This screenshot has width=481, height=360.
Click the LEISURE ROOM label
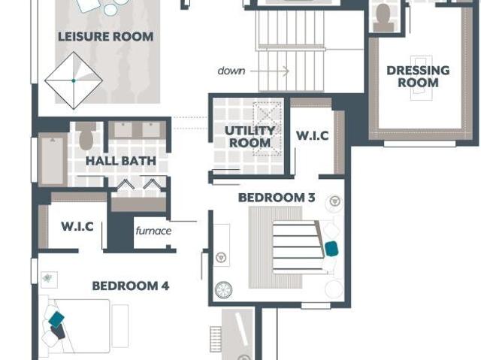pyautogui.click(x=106, y=37)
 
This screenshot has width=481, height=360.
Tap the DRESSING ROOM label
pyautogui.click(x=418, y=77)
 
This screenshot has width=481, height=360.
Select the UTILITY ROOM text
pyautogui.click(x=250, y=137)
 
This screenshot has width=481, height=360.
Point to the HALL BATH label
pyautogui.click(x=121, y=161)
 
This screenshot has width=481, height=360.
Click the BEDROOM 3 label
pyautogui.click(x=277, y=198)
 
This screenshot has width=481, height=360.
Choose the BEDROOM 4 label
pyautogui.click(x=131, y=286)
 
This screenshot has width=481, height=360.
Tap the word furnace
pyautogui.click(x=153, y=231)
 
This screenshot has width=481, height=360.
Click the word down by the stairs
pyautogui.click(x=231, y=71)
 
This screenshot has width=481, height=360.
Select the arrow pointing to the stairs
pyautogui.click(x=269, y=71)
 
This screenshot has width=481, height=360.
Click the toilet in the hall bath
pyautogui.click(x=86, y=136)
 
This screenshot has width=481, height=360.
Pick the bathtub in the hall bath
pyautogui.click(x=53, y=160)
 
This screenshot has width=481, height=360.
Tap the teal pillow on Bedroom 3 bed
pyautogui.click(x=331, y=249)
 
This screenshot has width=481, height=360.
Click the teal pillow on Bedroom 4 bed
pyautogui.click(x=56, y=319)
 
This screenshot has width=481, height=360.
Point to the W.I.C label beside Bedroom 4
pyautogui.click(x=77, y=226)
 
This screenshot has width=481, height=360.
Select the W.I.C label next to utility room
pyautogui.click(x=313, y=135)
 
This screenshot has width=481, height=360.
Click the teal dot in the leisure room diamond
pyautogui.click(x=74, y=80)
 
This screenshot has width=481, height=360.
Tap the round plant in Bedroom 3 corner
pyautogui.click(x=224, y=290)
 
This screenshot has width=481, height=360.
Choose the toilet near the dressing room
pyautogui.click(x=383, y=17)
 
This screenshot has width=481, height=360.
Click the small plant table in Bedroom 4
pyautogui.click(x=49, y=280)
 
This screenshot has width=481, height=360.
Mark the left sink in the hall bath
pyautogui.click(x=123, y=129)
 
